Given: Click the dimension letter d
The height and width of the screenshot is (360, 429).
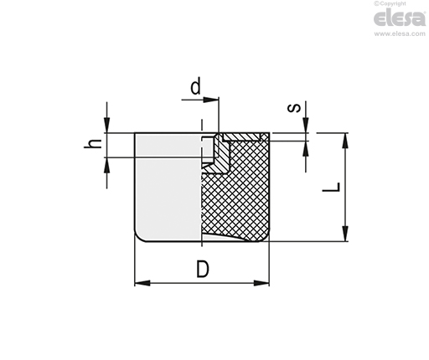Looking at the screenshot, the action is click(195, 86).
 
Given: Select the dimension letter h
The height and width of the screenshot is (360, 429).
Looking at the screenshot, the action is click(93, 143).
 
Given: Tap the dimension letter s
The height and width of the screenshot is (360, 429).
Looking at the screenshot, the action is click(294, 108).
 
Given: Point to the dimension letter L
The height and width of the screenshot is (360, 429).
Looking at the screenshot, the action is click(331, 187).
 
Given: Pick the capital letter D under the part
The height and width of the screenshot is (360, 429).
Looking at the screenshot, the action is click(203, 269).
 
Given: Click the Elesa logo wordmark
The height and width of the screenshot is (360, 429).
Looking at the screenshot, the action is click(400, 18).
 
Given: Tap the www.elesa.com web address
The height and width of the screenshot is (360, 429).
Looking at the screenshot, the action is click(400, 33).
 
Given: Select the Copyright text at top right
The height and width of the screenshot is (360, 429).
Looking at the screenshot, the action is click(390, 3).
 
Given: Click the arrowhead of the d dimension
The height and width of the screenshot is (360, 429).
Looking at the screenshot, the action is click(211, 100).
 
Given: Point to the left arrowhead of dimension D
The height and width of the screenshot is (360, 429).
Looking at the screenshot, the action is click(142, 283).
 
